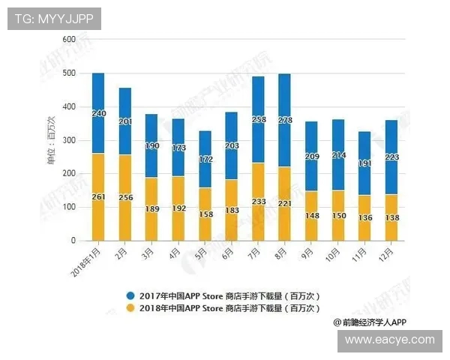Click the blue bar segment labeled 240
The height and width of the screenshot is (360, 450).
click(x=98, y=112)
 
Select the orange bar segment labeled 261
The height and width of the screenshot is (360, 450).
click(x=98, y=196)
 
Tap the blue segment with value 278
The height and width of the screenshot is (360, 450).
click(x=283, y=120)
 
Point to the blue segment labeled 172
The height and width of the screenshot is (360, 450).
click(x=205, y=159)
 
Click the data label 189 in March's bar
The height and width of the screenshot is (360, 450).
click(x=151, y=208)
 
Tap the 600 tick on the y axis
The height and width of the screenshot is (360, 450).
click(x=69, y=39)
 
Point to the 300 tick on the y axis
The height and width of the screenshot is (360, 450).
click(x=69, y=140)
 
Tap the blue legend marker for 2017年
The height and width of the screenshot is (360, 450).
click(x=130, y=295)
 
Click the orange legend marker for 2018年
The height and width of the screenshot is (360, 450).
click(x=130, y=307)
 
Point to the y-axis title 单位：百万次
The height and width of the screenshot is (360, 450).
click(x=51, y=140)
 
